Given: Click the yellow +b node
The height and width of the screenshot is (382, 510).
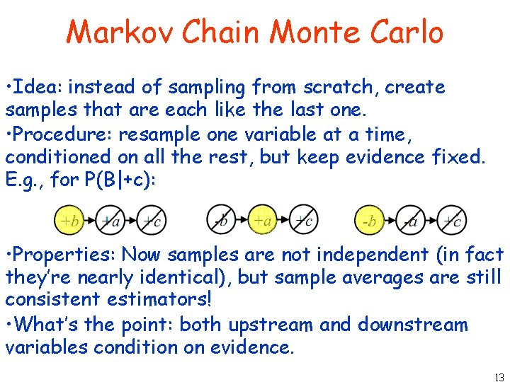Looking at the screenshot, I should pyautogui.click(x=69, y=221).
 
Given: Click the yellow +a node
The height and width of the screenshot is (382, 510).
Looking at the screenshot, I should pyautogui.click(x=262, y=221).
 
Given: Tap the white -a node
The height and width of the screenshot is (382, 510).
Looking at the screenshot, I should pyautogui.click(x=410, y=221).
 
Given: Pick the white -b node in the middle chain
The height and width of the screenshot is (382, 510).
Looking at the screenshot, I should pyautogui.click(x=221, y=221).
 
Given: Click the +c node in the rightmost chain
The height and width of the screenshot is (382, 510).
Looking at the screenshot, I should pyautogui.click(x=452, y=221).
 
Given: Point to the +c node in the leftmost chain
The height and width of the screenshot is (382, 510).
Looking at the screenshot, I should pyautogui.click(x=151, y=221).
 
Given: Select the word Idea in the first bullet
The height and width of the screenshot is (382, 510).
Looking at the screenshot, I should pyautogui.click(x=35, y=88).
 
